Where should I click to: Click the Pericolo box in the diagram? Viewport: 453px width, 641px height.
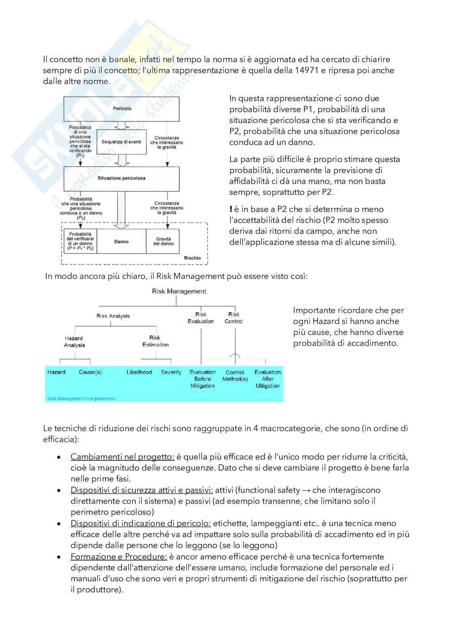coord(121,109)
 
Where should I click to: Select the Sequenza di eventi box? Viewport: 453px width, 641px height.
coord(121,142)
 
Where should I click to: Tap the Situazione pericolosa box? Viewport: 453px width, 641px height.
coord(121,178)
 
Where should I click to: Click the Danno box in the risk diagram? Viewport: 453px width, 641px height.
coord(121,242)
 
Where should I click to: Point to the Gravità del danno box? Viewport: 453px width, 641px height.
coord(163,241)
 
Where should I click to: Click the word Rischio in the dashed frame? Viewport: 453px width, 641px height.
coord(192,258)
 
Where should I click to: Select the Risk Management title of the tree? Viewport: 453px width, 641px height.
coord(179,291)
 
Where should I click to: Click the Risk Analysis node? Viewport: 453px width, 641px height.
coord(113,316)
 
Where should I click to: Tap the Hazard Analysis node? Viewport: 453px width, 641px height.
coord(74,341)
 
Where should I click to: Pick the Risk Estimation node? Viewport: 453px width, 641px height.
coord(155,341)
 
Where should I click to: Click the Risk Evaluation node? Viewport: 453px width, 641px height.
coord(201,317)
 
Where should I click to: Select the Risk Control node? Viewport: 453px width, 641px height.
coord(234,317)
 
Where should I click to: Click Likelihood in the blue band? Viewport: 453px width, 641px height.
coord(139,372)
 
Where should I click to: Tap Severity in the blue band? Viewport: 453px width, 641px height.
coord(171,372)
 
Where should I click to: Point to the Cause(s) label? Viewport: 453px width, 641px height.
coord(90,372)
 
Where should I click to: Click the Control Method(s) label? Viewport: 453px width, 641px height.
coord(235,376)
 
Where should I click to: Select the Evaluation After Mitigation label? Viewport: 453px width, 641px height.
coord(267,379)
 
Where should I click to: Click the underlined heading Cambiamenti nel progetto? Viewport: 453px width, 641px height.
coord(123,457)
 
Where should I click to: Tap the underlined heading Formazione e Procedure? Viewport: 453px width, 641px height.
coord(119,557)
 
